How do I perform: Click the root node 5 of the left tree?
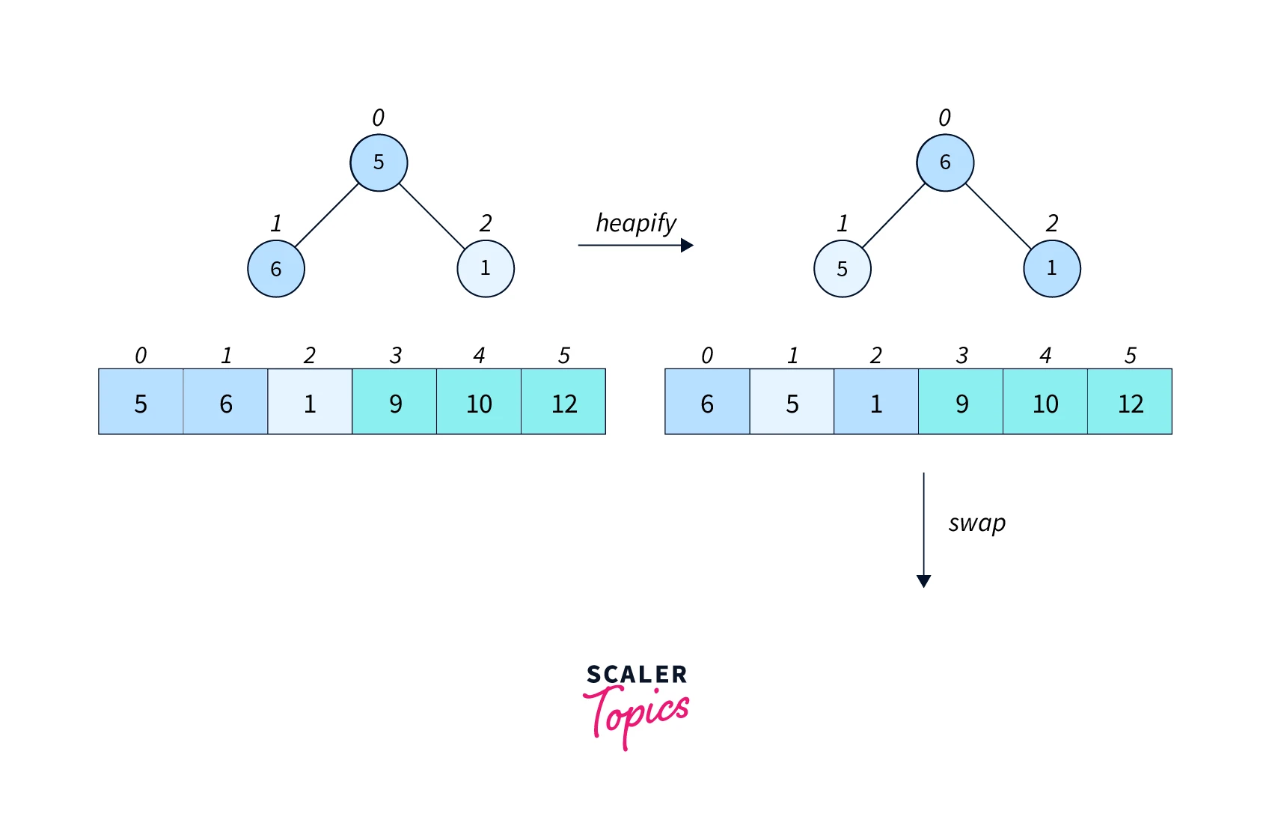coord(379,163)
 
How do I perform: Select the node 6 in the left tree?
coord(276,269)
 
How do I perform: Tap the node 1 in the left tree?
coord(486,268)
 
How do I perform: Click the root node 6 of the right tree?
coord(945,163)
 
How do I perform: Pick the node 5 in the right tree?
coord(843,269)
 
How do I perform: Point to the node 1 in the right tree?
coord(1052,268)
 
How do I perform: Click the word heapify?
coord(636,223)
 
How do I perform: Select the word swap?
coord(976,523)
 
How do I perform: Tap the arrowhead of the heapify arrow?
coord(687,246)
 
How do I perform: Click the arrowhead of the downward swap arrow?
coord(924,581)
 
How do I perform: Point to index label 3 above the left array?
coord(395,356)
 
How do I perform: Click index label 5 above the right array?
coord(1130,356)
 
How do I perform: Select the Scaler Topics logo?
coord(636,705)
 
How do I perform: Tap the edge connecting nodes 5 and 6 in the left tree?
coord(327,216)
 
